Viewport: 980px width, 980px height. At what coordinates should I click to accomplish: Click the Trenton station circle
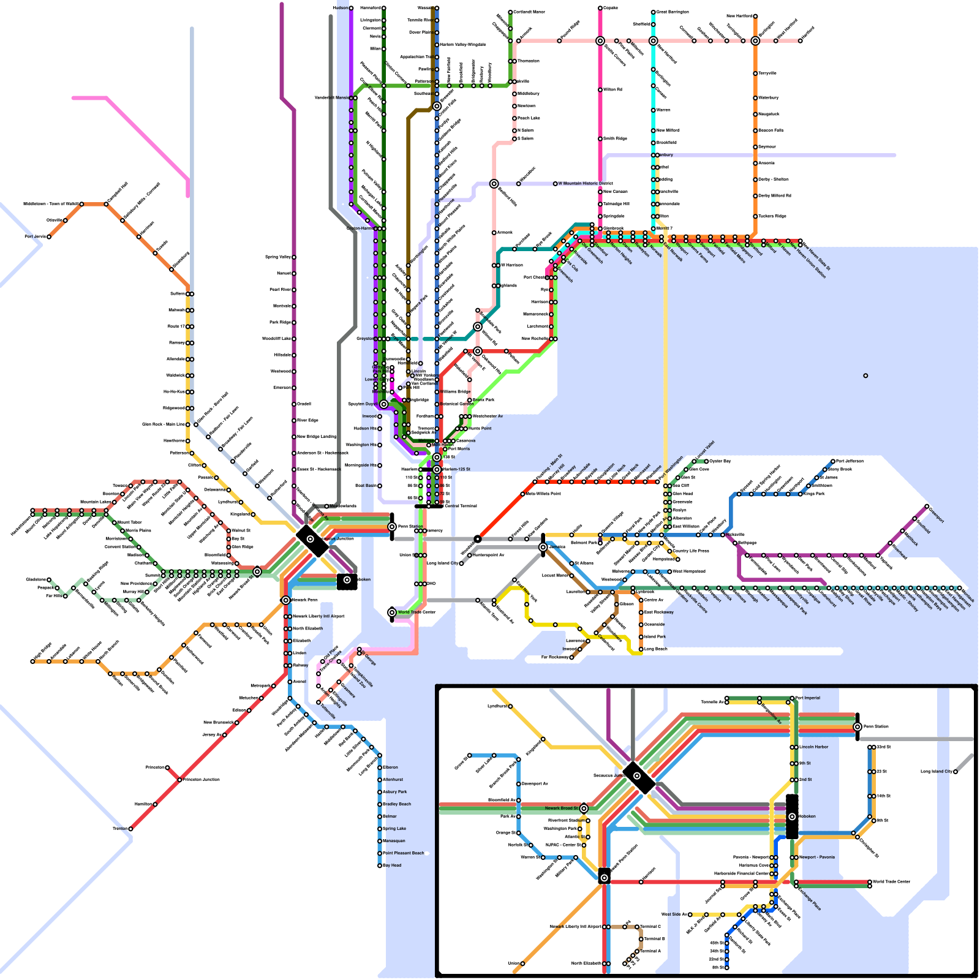130,829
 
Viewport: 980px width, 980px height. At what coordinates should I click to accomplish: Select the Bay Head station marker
380,865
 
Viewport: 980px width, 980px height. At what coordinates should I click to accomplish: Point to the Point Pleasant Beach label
404,853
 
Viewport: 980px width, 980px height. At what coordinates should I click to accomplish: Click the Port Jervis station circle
49,236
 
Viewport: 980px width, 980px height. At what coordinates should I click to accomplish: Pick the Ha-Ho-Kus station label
174,391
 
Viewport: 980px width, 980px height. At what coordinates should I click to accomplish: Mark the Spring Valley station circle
294,257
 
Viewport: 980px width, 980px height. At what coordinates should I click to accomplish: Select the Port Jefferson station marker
833,461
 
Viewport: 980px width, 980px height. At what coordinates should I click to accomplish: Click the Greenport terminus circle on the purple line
927,507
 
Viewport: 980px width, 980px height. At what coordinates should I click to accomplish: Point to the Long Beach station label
656,649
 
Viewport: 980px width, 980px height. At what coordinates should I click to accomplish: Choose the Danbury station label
666,155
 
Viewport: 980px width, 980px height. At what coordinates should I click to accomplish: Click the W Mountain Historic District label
586,183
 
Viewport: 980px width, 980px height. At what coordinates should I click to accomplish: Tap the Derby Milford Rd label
775,196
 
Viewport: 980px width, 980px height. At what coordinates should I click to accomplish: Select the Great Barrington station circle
654,12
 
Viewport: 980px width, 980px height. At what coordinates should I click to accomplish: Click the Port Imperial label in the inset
809,698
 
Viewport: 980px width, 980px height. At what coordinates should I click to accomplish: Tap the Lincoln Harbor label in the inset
815,747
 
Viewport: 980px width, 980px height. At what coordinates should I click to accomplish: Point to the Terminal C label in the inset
650,927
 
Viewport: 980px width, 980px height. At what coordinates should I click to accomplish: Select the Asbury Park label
395,792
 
